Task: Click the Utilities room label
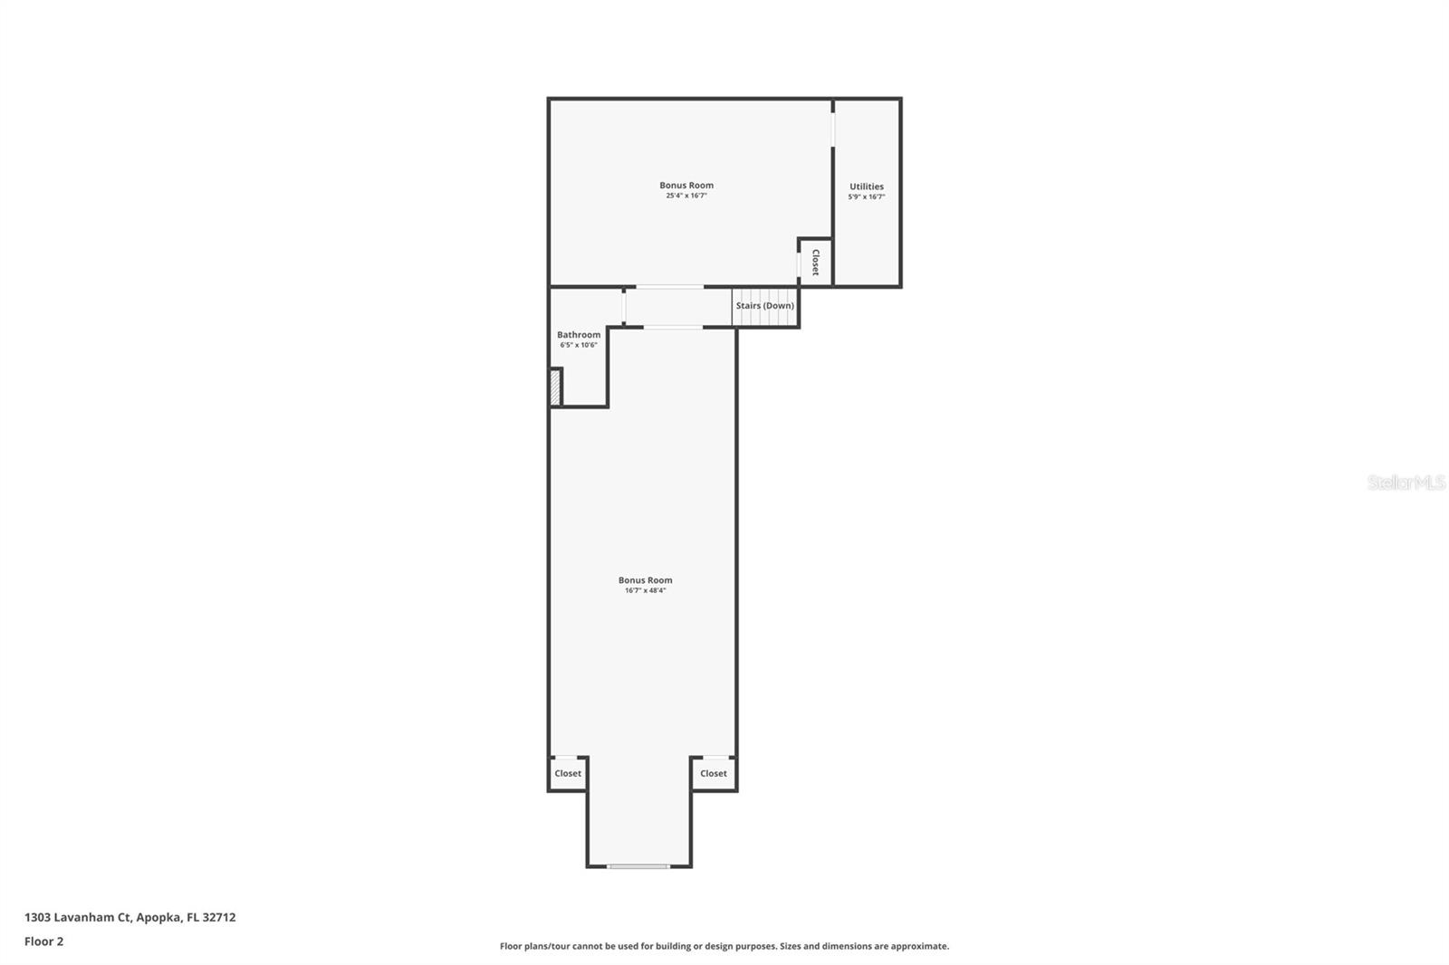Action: click(866, 186)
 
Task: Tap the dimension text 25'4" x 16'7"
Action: click(686, 196)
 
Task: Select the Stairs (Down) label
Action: click(764, 306)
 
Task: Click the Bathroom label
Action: click(579, 335)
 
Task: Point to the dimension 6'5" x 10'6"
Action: click(579, 345)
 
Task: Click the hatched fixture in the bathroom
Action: click(555, 387)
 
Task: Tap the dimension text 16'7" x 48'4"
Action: click(645, 590)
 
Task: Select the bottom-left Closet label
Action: click(568, 773)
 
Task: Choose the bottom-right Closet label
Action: click(713, 773)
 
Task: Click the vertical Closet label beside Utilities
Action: click(815, 263)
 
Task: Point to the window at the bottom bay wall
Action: click(638, 866)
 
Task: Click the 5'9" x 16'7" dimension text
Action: click(866, 196)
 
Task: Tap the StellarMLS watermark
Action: click(1406, 482)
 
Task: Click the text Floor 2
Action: click(43, 941)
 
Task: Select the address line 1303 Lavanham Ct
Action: click(78, 917)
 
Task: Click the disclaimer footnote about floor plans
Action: click(724, 946)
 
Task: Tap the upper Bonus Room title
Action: click(686, 186)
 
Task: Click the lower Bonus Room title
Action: click(645, 580)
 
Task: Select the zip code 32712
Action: click(219, 917)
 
